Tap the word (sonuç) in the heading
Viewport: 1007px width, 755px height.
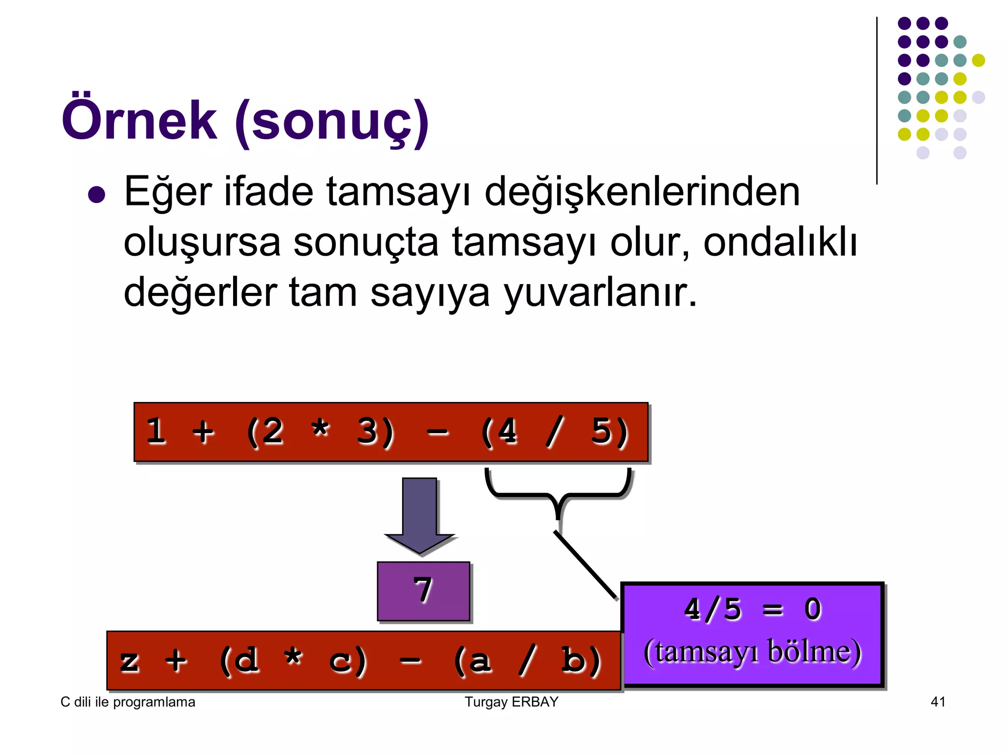pyautogui.click(x=332, y=122)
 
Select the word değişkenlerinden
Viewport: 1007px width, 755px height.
pyautogui.click(x=642, y=192)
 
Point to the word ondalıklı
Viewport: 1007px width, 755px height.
pyautogui.click(x=780, y=242)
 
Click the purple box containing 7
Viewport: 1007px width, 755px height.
pyautogui.click(x=423, y=591)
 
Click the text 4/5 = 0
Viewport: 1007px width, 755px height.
pyautogui.click(x=752, y=610)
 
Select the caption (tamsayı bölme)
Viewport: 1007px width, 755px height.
pyautogui.click(x=752, y=652)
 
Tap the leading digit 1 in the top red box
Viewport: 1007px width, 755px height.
pyautogui.click(x=156, y=432)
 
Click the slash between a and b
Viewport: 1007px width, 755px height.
pyautogui.click(x=527, y=660)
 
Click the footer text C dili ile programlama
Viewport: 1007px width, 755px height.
pyautogui.click(x=128, y=702)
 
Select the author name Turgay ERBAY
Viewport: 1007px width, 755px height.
pyautogui.click(x=511, y=702)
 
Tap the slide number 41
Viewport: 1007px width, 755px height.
pyautogui.click(x=938, y=702)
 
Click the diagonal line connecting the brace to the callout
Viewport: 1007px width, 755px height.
pyautogui.click(x=585, y=565)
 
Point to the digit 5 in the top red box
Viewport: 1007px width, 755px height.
pyautogui.click(x=602, y=432)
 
